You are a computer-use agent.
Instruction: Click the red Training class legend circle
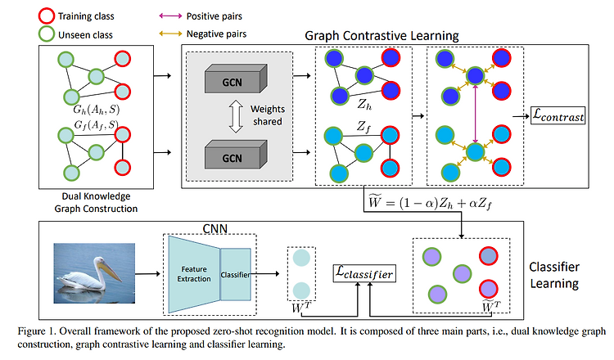coord(46,16)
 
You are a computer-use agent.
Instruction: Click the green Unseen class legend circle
coord(46,34)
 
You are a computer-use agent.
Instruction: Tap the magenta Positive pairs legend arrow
coord(170,16)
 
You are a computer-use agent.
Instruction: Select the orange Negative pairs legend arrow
coord(170,34)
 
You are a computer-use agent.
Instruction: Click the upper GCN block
coord(236,79)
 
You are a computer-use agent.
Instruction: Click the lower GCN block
coord(236,155)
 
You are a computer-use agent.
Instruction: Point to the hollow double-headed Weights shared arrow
coord(236,116)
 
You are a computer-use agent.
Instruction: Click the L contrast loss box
coord(558,116)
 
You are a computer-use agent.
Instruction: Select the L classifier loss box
coord(364,273)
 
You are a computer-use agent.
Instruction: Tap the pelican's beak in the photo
coord(111,270)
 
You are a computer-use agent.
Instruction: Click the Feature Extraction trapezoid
coord(194,274)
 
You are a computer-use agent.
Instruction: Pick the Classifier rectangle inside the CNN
coord(235,275)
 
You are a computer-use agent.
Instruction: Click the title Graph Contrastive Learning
coord(381,36)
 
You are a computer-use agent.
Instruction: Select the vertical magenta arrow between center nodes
coord(476,114)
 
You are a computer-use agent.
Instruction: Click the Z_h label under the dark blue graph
coord(364,104)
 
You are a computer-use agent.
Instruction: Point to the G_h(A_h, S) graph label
coord(97,109)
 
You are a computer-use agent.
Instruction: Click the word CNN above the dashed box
coord(215,228)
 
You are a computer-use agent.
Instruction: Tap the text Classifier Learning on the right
coord(554,275)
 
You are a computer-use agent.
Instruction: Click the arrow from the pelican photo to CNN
coord(148,274)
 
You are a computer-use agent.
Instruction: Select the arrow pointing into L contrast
coord(521,116)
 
